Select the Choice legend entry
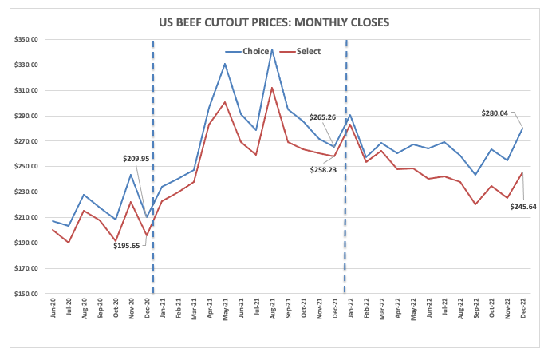256,51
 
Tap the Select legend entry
308,51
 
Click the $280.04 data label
500,113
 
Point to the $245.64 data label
523,206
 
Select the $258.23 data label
325,169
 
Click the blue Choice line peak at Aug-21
273,49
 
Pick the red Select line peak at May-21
226,101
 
